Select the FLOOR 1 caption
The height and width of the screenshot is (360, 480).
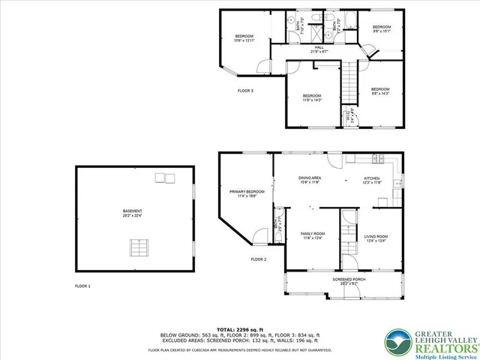82,286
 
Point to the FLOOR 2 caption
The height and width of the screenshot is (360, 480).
259,259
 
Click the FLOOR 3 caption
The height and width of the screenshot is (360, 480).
246,90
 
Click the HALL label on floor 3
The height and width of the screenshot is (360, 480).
319,48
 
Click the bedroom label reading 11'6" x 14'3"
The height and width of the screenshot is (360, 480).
312,97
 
